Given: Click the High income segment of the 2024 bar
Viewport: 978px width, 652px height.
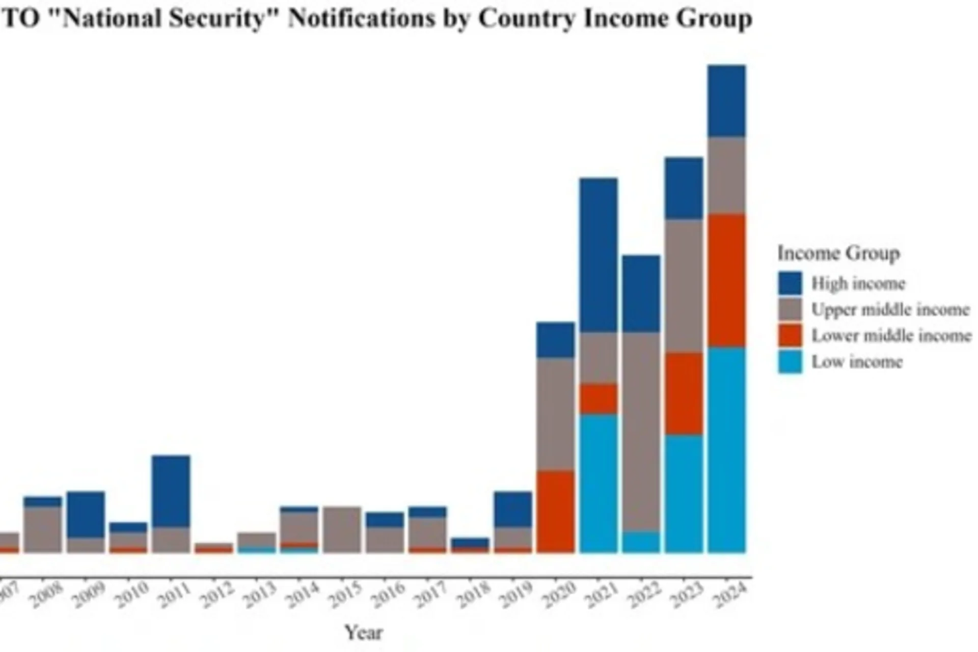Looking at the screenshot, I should pos(726,101).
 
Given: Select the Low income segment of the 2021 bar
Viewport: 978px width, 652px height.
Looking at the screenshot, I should pos(599,484).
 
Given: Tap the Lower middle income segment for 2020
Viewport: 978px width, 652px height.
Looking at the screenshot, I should pos(555,511).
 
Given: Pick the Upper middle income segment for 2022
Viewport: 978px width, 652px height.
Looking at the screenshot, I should pos(641,432).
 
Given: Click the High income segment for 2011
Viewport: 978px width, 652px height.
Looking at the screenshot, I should pos(171,491).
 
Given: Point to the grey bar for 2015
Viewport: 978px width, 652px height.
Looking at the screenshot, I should pos(342,529).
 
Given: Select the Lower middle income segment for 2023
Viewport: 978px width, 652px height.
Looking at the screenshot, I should pos(684,393).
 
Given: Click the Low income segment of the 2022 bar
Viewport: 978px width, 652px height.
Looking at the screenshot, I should pos(641,543).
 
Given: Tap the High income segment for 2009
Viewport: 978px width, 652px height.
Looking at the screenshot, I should pos(86,514).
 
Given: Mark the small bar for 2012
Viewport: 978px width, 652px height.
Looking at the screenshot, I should pos(214,548).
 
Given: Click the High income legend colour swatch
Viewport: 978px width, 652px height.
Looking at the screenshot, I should pos(790,283).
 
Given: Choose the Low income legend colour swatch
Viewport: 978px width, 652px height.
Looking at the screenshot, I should pos(790,362).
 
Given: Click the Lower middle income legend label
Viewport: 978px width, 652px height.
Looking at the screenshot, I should pos(891,335).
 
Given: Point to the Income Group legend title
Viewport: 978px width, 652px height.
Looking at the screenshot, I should pos(838,253).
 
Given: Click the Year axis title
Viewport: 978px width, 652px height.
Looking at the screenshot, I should pos(363,633).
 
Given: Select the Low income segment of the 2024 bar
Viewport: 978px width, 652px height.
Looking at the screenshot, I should pos(726,450).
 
